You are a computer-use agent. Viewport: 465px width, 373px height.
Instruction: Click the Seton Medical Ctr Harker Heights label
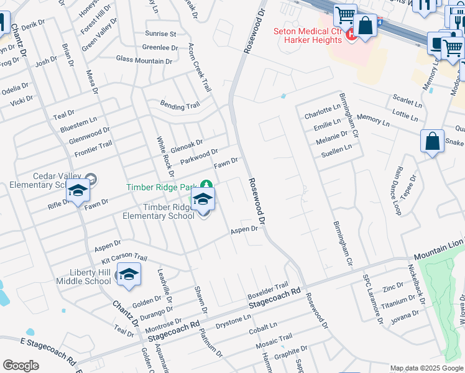[308, 35]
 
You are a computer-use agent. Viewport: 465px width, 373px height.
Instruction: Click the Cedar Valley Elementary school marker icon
[78, 191]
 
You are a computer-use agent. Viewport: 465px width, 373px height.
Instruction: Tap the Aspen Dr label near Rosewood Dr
[244, 229]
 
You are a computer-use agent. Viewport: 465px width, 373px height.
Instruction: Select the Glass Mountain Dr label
[144, 60]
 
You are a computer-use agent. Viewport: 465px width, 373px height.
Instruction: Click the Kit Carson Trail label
[124, 258]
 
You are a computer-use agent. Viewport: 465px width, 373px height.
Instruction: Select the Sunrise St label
[160, 34]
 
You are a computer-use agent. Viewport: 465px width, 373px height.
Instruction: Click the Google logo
[21, 366]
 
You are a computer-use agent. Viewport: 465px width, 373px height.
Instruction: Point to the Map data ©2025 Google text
[426, 368]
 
